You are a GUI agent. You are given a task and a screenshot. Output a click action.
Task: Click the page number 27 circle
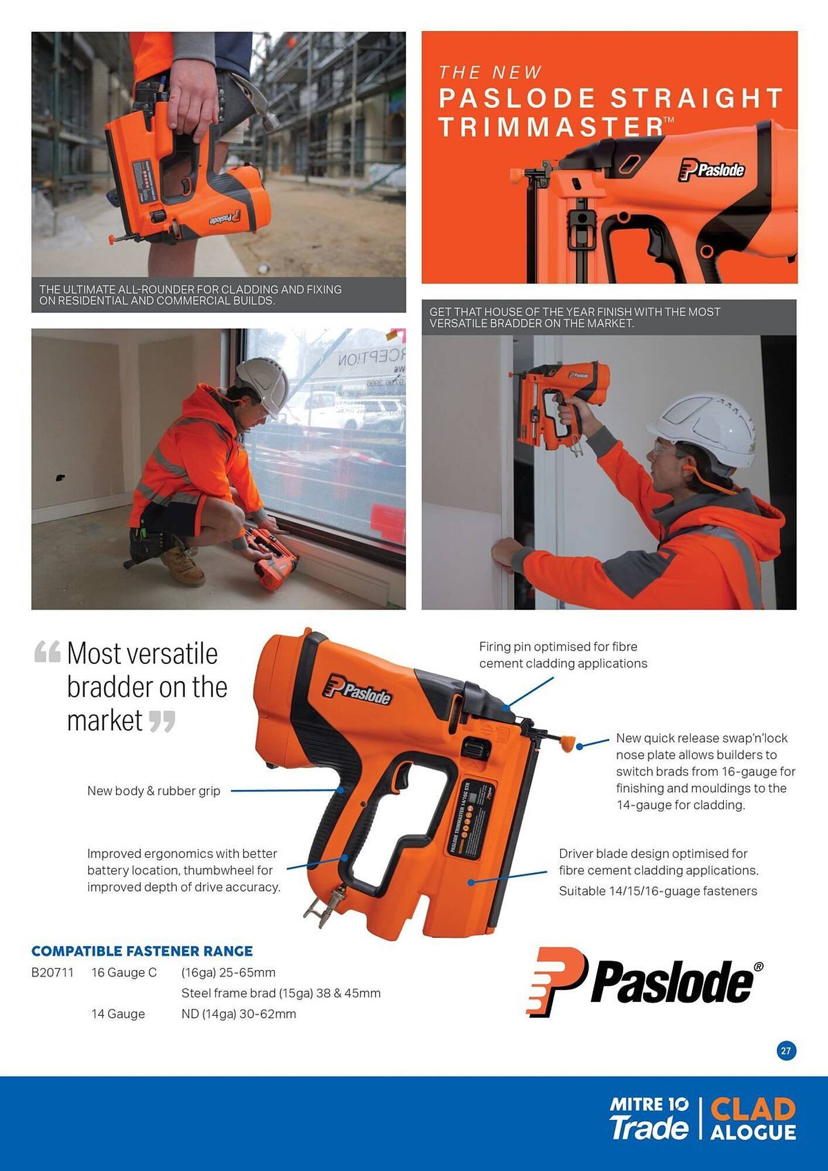(x=786, y=1051)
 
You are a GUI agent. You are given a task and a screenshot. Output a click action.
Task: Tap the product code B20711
(x=53, y=973)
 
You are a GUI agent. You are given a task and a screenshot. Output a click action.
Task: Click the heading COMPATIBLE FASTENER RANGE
(x=142, y=951)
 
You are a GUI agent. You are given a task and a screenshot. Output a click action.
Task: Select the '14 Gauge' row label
(x=118, y=1014)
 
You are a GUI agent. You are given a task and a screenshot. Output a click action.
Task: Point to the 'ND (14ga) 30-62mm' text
(x=238, y=1014)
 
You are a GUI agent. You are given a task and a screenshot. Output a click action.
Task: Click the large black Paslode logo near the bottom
(x=645, y=982)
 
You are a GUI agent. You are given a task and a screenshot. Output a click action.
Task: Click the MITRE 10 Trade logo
(x=649, y=1119)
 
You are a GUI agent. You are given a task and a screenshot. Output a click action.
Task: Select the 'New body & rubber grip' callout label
(x=153, y=790)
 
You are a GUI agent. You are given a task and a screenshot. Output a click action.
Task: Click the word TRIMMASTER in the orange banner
(x=550, y=126)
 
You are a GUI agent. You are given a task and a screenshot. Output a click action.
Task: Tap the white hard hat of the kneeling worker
(x=265, y=385)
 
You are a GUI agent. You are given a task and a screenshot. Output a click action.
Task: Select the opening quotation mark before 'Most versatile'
(x=47, y=652)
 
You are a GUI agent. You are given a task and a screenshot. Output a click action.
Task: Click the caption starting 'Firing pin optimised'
(x=563, y=655)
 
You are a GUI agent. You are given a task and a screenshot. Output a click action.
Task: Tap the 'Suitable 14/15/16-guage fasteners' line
(x=658, y=891)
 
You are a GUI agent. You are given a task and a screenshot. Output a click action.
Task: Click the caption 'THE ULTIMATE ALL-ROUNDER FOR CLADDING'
(x=190, y=295)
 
